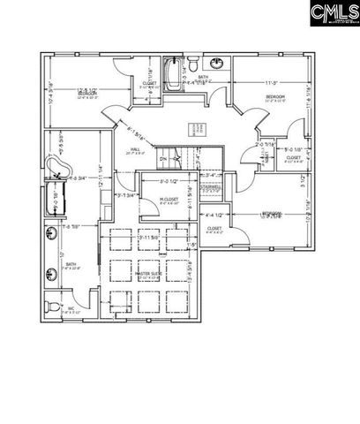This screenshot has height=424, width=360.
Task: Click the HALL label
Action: [136, 150]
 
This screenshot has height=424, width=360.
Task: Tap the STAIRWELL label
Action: [211, 186]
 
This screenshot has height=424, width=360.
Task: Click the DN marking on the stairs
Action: [163, 160]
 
